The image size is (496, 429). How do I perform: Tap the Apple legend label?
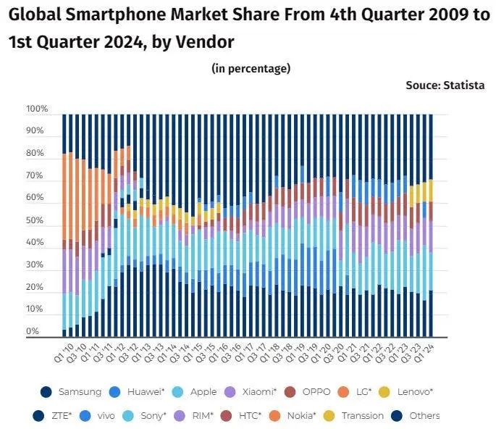pyautogui.click(x=203, y=391)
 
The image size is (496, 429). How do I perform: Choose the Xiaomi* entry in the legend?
pyautogui.click(x=258, y=391)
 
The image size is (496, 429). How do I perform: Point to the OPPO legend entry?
pyautogui.click(x=316, y=391)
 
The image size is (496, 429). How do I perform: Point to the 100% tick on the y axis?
pyautogui.click(x=37, y=109)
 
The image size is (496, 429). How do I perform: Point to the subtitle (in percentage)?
pyautogui.click(x=251, y=68)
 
